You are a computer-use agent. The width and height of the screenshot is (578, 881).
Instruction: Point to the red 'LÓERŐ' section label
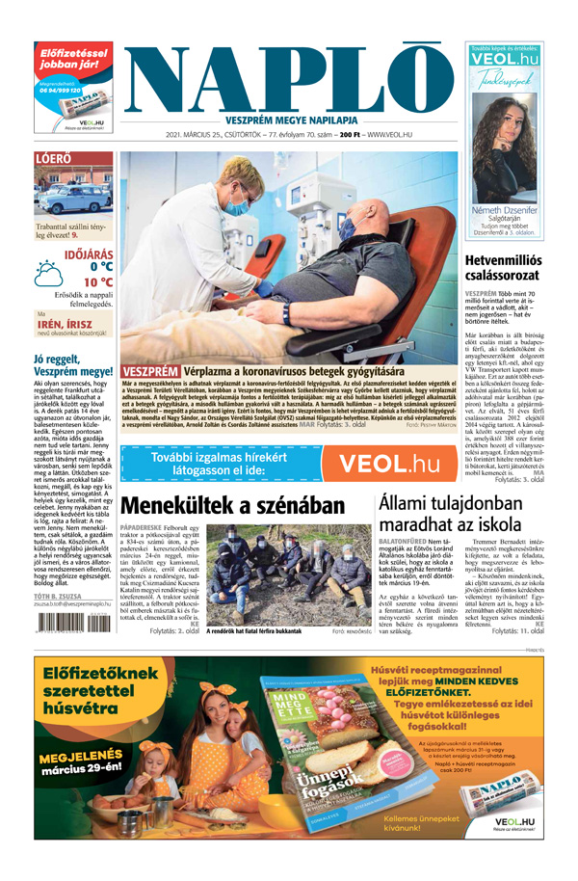pyautogui.click(x=52, y=158)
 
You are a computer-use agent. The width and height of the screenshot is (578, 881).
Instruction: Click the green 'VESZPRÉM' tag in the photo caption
pyautogui.click(x=151, y=370)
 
